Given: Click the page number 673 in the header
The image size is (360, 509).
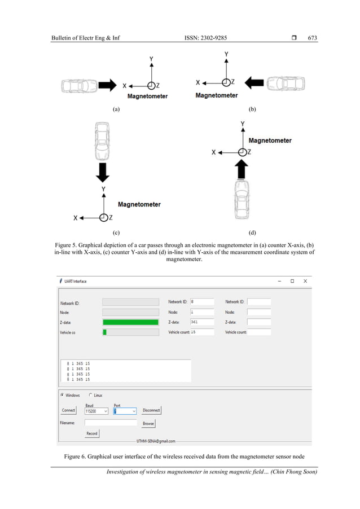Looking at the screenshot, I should (312, 38).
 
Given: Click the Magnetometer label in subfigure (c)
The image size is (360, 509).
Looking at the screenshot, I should (139, 204).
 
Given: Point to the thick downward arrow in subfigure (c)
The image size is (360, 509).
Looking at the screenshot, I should (102, 172).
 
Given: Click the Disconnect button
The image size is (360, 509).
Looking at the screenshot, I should (151, 410).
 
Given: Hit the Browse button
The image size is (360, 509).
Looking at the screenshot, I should (148, 423).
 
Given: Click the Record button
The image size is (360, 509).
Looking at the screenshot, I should (91, 433).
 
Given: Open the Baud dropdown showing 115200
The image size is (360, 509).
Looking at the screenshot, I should (96, 411).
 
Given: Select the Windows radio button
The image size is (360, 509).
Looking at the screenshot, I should (62, 395).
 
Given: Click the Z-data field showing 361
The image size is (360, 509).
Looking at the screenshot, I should (201, 322).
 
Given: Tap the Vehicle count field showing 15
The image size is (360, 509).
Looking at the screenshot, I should (201, 332).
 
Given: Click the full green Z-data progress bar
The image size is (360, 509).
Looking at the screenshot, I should (130, 322).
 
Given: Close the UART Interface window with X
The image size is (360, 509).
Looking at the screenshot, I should (305, 281).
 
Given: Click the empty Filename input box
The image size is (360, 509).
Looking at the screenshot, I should (111, 422).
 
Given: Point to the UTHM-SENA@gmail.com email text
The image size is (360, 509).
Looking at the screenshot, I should (156, 441).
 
